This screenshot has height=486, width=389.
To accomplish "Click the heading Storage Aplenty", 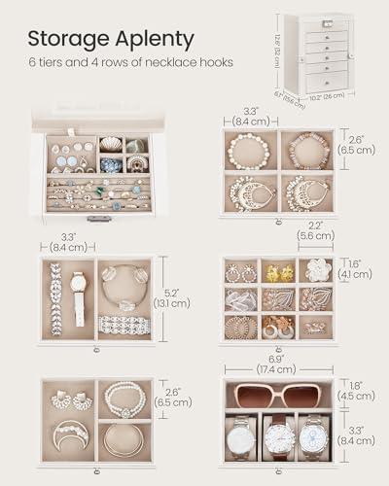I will click(110, 40).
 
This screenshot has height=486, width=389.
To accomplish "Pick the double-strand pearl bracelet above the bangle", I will click(124, 398).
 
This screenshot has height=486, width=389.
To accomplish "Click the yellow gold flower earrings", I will click(279, 273).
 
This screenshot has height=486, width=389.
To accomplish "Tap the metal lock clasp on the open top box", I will click(94, 219).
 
